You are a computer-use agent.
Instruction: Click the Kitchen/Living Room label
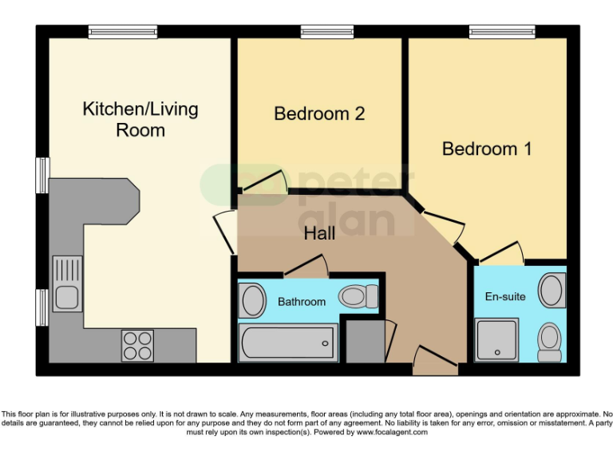click(x=140, y=119)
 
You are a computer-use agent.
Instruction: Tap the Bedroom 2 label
click(x=319, y=113)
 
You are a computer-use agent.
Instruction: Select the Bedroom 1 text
click(x=487, y=149)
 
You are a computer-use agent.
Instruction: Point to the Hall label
click(x=319, y=234)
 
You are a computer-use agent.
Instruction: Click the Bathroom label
click(x=302, y=302)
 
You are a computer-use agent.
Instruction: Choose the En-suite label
click(x=505, y=296)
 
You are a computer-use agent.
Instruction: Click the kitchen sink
click(x=67, y=284)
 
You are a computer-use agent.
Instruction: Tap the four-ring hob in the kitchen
click(x=137, y=345)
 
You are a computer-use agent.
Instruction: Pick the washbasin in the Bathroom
click(x=253, y=301)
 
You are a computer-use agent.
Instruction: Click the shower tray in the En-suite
click(x=496, y=339)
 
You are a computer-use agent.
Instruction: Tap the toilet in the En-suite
click(x=550, y=341)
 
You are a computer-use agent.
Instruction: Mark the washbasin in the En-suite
click(x=552, y=291)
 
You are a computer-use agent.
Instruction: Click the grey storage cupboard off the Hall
click(x=364, y=341)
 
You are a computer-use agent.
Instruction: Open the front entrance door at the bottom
click(x=436, y=367)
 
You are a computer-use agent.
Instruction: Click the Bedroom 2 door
click(x=263, y=183)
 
